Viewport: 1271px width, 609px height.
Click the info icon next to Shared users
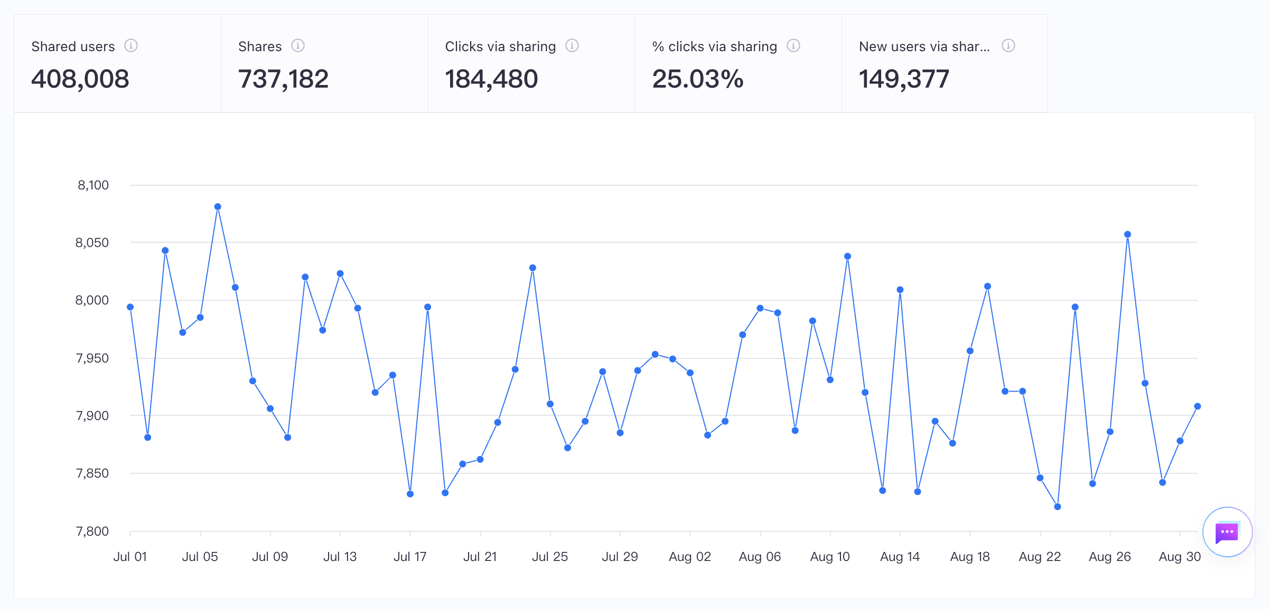coord(131,46)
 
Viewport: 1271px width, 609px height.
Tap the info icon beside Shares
coord(298,46)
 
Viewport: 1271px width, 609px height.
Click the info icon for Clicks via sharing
coord(572,46)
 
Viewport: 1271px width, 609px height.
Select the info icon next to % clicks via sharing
coord(793,46)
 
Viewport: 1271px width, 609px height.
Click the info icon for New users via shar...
coord(1008,46)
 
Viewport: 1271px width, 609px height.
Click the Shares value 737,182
coord(283,79)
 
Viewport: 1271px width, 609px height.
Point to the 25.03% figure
coord(698,79)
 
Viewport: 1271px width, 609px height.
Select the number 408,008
coord(80,79)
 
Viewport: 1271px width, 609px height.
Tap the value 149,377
coord(904,79)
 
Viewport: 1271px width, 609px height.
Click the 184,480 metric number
coord(491,79)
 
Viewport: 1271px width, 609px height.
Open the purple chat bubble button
coord(1227,532)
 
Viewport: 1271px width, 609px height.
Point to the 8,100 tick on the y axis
coord(93,185)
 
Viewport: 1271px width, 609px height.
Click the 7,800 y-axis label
coord(92,531)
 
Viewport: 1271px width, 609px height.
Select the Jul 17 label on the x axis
coord(410,557)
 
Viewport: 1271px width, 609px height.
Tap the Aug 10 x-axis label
coord(830,557)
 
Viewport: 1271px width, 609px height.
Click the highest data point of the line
coord(218,207)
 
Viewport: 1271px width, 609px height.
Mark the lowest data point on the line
coord(1058,507)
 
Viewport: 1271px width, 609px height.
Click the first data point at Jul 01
coord(130,307)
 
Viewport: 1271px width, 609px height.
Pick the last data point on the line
coord(1198,406)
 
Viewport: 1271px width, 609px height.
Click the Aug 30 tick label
coord(1180,557)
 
